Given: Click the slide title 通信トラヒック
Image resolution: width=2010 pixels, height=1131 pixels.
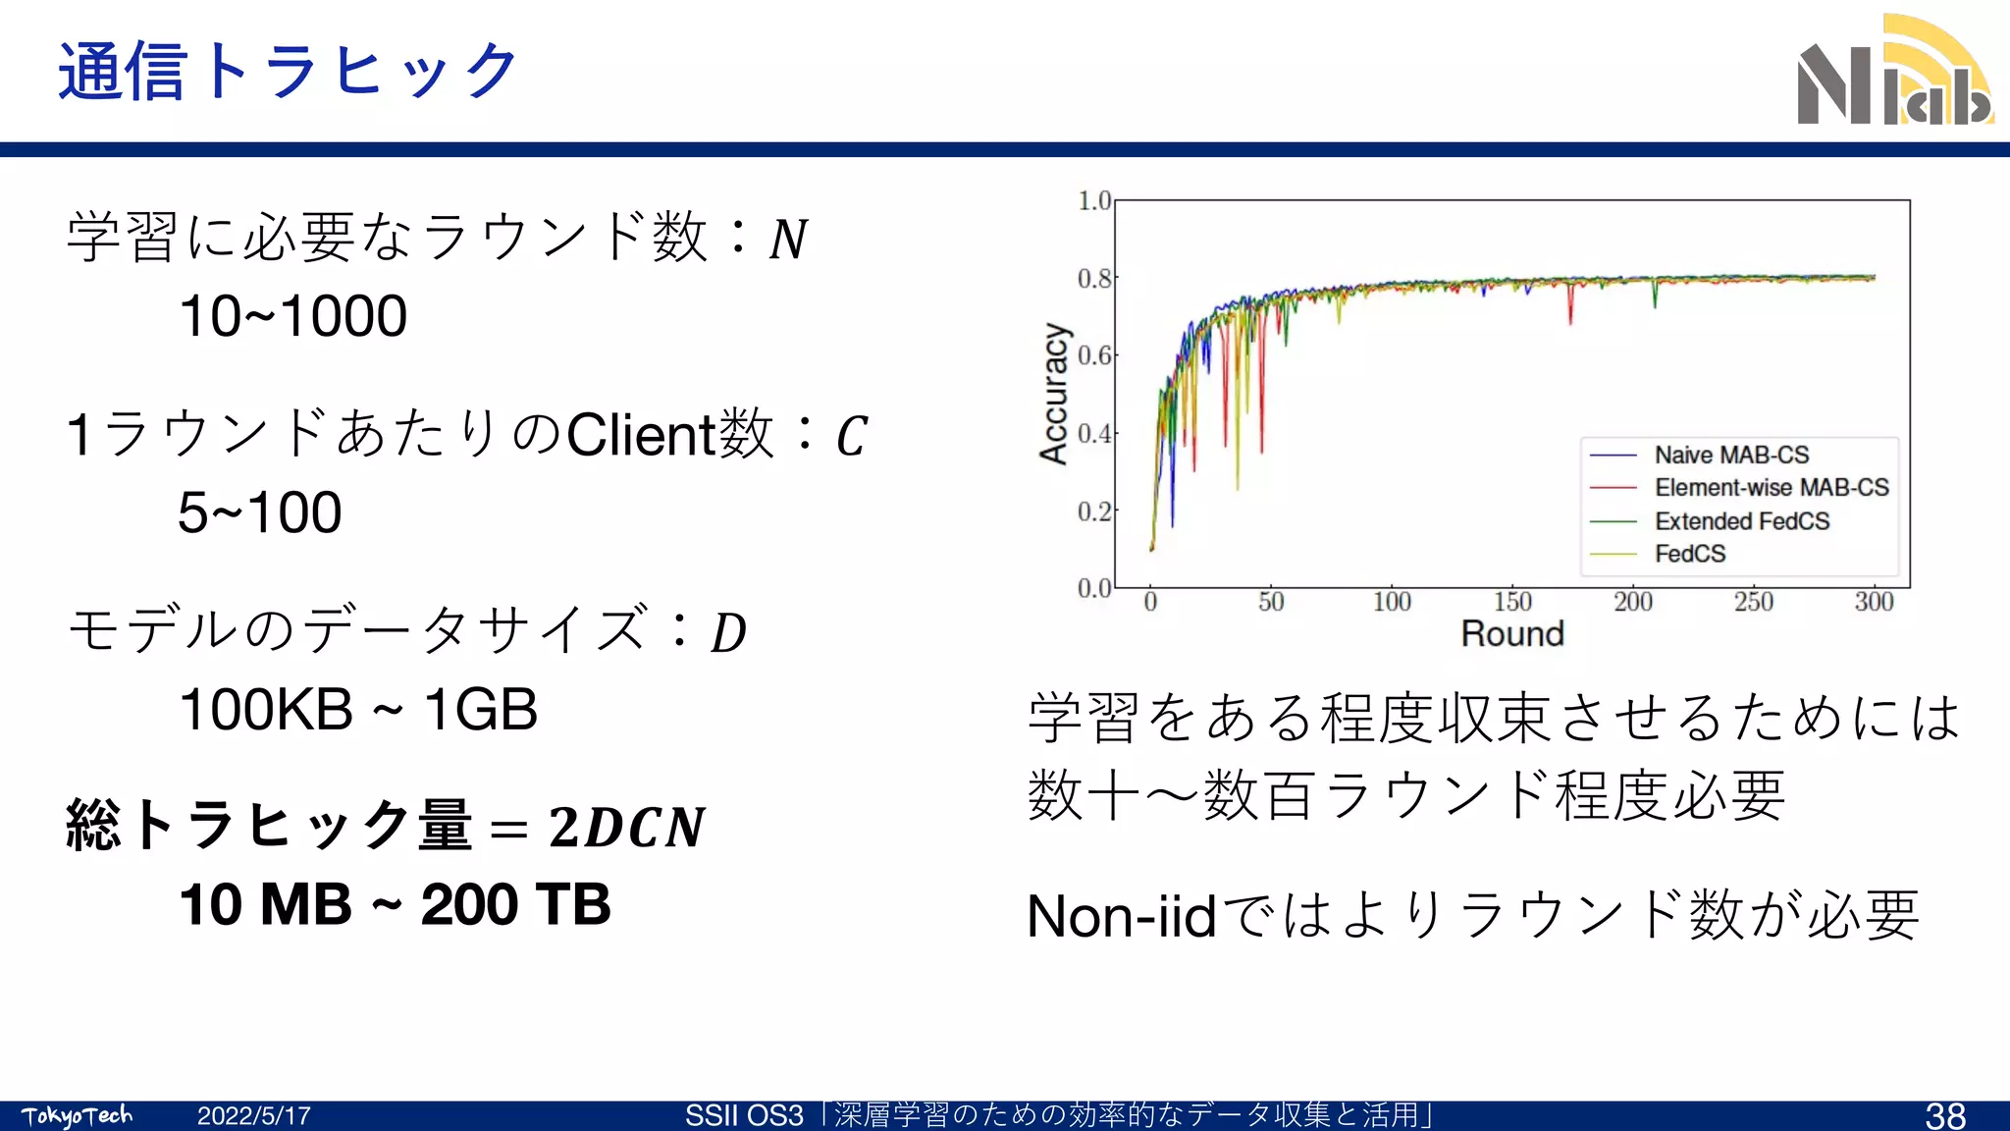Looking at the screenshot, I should click(288, 72).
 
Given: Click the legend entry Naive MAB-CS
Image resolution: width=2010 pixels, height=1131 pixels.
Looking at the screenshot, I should click(1731, 456).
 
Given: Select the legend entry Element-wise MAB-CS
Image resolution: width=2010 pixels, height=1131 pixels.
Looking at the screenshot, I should click(1771, 488).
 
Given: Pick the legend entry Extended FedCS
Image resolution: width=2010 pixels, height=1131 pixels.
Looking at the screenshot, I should click(1741, 521).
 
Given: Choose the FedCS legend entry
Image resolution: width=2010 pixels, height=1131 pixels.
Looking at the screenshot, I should click(1689, 554).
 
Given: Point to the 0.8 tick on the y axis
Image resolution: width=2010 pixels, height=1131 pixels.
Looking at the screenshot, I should click(1094, 279).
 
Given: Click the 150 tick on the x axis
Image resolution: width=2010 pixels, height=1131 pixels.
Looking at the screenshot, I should click(1512, 602).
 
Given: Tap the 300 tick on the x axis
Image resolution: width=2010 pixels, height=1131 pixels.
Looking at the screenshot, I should click(1874, 602).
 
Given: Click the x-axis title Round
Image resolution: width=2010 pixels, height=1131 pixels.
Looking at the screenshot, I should click(1511, 634).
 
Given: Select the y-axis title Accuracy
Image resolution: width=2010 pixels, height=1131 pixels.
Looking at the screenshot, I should click(1054, 393).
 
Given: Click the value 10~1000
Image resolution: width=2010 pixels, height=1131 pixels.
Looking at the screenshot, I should click(292, 316).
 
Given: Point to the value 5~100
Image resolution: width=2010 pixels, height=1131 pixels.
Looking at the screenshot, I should click(259, 512).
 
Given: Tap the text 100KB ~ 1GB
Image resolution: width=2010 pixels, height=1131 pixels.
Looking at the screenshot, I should click(358, 709).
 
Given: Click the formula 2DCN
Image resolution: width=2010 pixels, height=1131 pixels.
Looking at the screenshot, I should click(626, 827).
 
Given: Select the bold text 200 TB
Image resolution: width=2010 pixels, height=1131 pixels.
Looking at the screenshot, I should click(515, 904).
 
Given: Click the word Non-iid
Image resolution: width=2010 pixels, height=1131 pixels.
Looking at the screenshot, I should click(1121, 916).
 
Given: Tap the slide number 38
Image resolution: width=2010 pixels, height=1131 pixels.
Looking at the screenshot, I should click(1945, 1115).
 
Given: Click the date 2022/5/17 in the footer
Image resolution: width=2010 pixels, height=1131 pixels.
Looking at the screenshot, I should click(253, 1116).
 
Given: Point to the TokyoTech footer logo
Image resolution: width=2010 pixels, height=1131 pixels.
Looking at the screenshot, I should click(77, 1116).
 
